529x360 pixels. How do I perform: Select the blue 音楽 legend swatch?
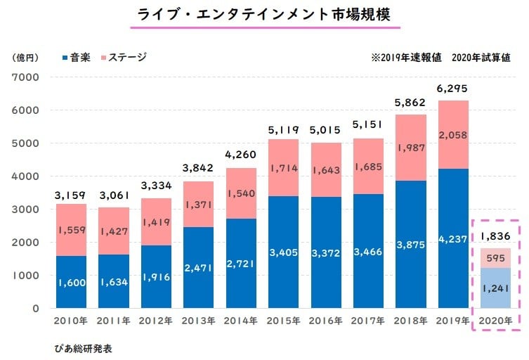coord(65,57)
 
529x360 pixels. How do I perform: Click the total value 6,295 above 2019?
coord(452,89)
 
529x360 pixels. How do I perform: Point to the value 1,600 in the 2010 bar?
coord(70,283)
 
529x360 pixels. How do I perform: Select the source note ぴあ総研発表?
coord(82,348)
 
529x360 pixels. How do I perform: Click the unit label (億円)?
coord(27,57)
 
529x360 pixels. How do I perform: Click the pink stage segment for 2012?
coord(155,222)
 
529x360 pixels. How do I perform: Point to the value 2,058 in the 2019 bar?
coord(452,134)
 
